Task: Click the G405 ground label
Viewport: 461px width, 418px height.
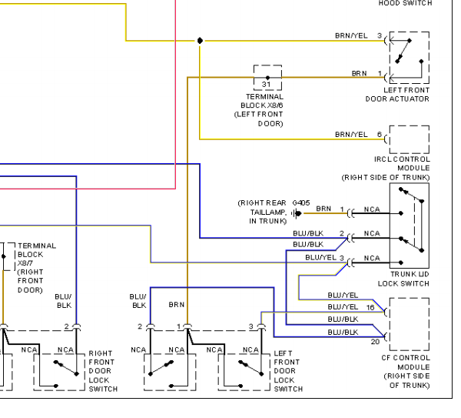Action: click(x=301, y=203)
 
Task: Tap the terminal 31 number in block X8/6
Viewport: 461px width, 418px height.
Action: click(x=266, y=84)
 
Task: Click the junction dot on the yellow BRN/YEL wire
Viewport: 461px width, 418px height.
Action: click(x=200, y=40)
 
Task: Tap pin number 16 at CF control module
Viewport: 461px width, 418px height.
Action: click(x=370, y=308)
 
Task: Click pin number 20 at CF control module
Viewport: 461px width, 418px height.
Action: click(x=375, y=342)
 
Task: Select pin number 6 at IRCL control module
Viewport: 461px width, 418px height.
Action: click(x=380, y=135)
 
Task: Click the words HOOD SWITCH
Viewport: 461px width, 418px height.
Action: click(x=405, y=3)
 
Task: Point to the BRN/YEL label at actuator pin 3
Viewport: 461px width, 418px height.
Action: click(x=351, y=35)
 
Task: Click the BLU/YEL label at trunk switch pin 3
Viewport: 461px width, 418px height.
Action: click(x=320, y=258)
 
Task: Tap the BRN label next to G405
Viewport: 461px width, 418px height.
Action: click(x=323, y=209)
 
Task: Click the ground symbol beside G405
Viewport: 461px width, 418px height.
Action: click(x=297, y=213)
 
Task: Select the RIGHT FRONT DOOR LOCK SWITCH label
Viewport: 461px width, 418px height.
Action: click(x=103, y=371)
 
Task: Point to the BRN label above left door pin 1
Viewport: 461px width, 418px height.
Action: click(x=177, y=305)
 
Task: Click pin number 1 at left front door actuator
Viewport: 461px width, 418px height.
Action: click(x=380, y=73)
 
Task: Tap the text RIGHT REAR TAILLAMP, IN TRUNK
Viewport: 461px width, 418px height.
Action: click(x=262, y=212)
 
